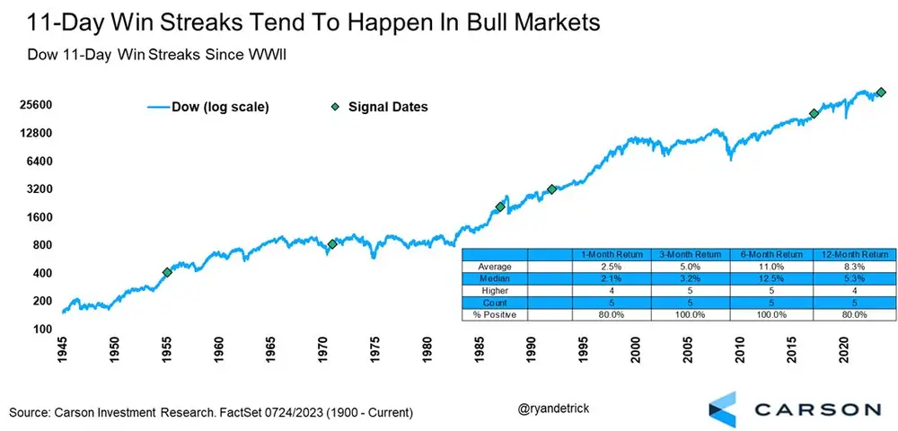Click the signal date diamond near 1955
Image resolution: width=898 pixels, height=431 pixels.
pyautogui.click(x=167, y=272)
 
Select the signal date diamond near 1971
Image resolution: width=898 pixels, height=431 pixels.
pyautogui.click(x=332, y=244)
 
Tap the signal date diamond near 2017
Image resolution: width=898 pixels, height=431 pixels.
pyautogui.click(x=814, y=114)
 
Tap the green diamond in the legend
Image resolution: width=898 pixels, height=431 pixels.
pyautogui.click(x=334, y=107)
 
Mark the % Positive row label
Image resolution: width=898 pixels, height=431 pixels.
pyautogui.click(x=494, y=315)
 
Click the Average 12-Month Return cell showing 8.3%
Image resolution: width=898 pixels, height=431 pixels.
pyautogui.click(x=855, y=266)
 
